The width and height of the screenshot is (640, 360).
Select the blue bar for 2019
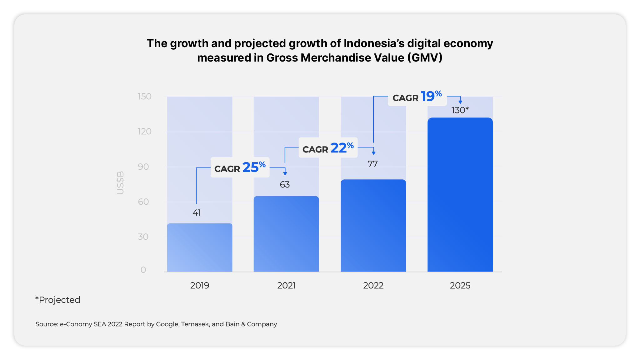point(200,247)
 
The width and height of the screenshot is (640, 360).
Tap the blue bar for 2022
point(373,225)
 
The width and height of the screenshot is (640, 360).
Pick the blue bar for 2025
point(460,194)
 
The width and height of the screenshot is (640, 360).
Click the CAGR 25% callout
point(240,167)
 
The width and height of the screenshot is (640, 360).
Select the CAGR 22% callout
point(328,148)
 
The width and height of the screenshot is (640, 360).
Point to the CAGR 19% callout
point(417,97)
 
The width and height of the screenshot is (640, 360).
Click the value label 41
point(197,213)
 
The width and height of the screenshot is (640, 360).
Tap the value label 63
point(285,185)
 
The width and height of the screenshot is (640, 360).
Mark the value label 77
point(373,164)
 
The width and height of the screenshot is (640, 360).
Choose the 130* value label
point(460,110)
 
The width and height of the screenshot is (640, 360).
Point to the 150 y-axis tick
point(145,97)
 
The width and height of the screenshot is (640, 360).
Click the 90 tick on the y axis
point(143,167)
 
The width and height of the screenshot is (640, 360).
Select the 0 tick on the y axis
point(143,270)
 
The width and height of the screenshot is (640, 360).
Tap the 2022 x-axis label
point(373,286)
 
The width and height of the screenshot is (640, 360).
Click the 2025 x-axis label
point(460,286)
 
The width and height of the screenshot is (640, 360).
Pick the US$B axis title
point(120,183)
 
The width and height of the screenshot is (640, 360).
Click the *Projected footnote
point(58,300)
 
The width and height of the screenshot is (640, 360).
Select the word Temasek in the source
point(195,324)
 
